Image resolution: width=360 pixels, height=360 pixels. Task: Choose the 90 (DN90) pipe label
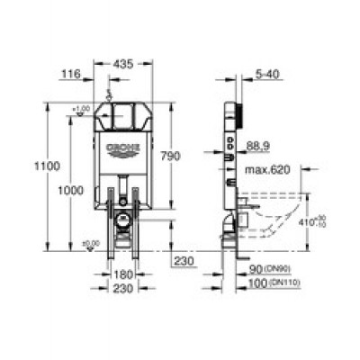270,269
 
